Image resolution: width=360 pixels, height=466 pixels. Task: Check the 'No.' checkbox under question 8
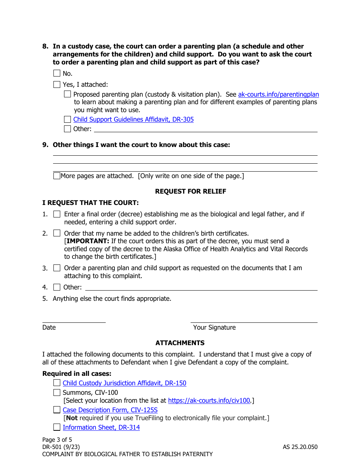point(57,73)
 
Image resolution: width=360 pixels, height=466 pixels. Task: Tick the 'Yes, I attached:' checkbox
point(57,84)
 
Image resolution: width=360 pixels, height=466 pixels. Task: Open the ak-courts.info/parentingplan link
point(278,94)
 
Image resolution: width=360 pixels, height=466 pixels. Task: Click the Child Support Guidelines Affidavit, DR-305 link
point(133,119)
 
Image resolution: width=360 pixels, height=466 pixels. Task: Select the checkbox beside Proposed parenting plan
point(67,94)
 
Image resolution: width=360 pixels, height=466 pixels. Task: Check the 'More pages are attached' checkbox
point(57,176)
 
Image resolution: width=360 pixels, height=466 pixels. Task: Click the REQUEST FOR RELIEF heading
point(191,191)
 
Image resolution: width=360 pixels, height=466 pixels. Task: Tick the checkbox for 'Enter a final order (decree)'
point(57,214)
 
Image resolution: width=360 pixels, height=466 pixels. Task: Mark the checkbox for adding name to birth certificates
point(57,233)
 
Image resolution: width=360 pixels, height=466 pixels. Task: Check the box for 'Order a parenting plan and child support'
point(57,268)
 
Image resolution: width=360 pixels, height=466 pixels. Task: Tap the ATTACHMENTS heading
point(180,343)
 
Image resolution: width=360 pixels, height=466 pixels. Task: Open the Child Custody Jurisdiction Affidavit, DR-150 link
point(124,383)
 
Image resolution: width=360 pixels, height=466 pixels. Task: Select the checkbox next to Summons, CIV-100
point(57,393)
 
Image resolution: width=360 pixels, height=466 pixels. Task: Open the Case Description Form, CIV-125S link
point(110,410)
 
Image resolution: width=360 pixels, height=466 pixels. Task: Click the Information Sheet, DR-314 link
point(101,427)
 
